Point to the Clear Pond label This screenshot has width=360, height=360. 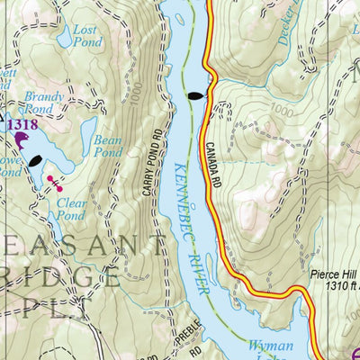(71, 209)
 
